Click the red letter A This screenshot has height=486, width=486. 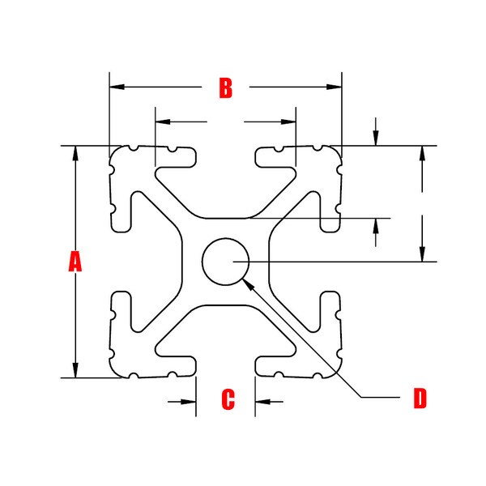coord(75,262)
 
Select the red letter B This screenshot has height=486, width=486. coord(226,88)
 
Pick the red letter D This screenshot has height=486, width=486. coord(420,398)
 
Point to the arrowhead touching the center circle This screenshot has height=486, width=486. coord(247,283)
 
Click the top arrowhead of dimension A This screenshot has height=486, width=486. coord(75,153)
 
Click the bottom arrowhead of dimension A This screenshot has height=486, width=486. coord(75,370)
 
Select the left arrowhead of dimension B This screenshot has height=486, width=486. coord(117,87)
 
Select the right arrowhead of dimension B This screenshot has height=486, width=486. coord(334,87)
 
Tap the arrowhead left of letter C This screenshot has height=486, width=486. coord(189,402)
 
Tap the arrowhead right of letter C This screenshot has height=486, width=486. coord(262,402)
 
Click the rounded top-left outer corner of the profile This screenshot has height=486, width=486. coord(114,151)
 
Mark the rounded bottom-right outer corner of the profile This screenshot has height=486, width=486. coord(337,373)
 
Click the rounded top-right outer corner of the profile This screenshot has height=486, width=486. coord(337,151)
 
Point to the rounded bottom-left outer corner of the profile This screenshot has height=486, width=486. coord(114,373)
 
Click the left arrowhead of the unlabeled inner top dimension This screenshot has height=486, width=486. coord(163,122)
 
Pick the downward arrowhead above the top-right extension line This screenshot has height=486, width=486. coord(376,139)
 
